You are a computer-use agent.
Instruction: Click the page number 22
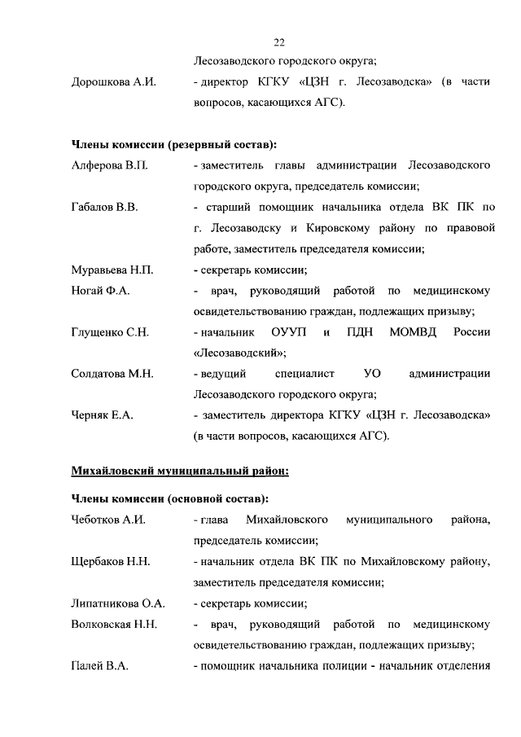tap(279, 42)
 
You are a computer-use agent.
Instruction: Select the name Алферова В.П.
tap(108, 166)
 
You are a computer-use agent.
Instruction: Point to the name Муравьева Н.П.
tap(112, 270)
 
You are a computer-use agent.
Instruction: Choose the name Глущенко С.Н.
tap(109, 332)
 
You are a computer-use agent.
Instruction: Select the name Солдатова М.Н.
tap(112, 374)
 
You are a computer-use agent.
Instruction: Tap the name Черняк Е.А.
tap(102, 415)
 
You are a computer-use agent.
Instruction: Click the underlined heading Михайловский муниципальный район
tap(180, 470)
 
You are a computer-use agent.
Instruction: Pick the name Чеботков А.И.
tap(108, 520)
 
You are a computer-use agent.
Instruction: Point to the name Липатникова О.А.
tap(118, 603)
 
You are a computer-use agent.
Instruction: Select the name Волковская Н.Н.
tap(114, 625)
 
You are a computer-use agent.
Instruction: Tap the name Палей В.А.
tap(99, 667)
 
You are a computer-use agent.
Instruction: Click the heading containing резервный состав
tap(173, 145)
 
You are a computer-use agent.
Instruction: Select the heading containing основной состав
tap(170, 498)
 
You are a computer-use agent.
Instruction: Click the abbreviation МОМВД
tap(414, 332)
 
